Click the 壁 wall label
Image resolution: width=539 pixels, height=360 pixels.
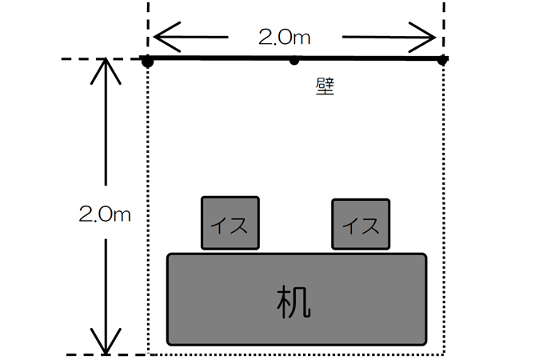click(325, 86)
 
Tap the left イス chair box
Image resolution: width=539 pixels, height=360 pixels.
click(230, 222)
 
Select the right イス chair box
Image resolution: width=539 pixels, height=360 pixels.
click(361, 224)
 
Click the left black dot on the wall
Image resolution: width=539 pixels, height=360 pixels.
click(148, 61)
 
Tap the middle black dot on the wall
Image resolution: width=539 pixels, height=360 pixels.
click(294, 60)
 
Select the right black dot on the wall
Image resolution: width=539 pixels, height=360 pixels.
click(442, 60)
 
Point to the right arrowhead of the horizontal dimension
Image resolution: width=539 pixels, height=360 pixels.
click(432, 37)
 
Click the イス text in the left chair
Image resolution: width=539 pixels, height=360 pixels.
click(230, 225)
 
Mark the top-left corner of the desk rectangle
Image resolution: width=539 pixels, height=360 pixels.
click(168, 254)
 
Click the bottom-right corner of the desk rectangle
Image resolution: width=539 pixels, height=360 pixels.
click(425, 344)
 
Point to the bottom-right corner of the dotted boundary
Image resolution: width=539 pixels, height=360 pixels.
click(443, 354)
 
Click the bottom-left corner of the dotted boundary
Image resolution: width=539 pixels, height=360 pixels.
click(149, 354)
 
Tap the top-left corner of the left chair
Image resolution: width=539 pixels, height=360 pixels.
click(202, 198)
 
